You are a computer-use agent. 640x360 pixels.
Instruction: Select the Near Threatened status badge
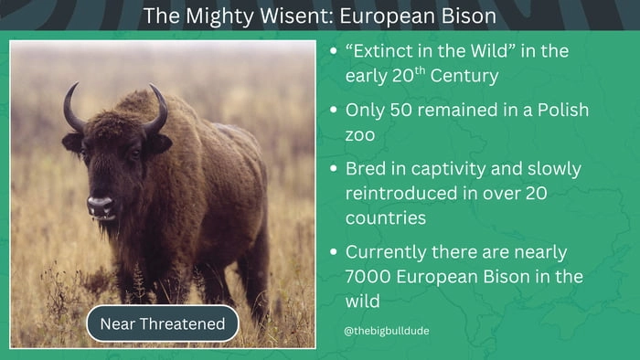[x=162, y=323]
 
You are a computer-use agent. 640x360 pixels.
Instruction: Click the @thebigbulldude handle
[x=387, y=330]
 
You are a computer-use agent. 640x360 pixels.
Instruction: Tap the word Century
[x=464, y=76]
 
